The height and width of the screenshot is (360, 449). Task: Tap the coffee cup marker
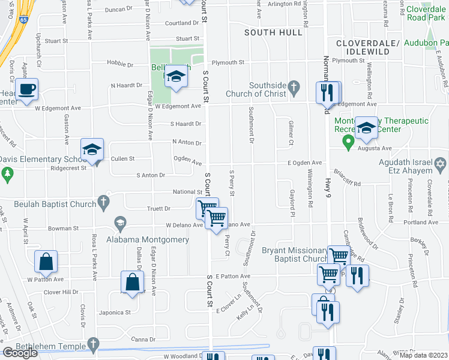27,90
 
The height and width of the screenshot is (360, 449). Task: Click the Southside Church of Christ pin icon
294,88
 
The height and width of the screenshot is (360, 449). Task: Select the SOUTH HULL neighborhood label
273,32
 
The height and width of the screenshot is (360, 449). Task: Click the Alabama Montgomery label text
148,239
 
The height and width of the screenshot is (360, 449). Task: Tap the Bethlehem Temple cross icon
92,344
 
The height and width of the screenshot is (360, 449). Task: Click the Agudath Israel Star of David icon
440,164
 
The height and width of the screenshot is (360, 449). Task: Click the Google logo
20,353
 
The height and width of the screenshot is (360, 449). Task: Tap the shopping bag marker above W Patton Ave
46,262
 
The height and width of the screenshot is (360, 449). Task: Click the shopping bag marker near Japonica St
132,282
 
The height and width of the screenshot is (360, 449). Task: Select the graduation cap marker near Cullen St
92,149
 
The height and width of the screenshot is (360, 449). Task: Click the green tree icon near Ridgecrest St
7,175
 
